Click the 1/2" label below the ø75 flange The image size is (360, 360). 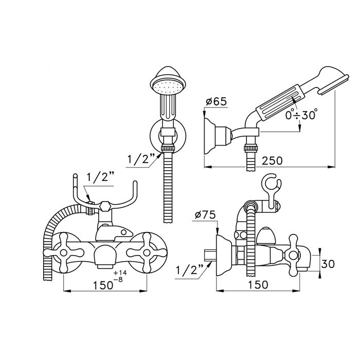point(190,269)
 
